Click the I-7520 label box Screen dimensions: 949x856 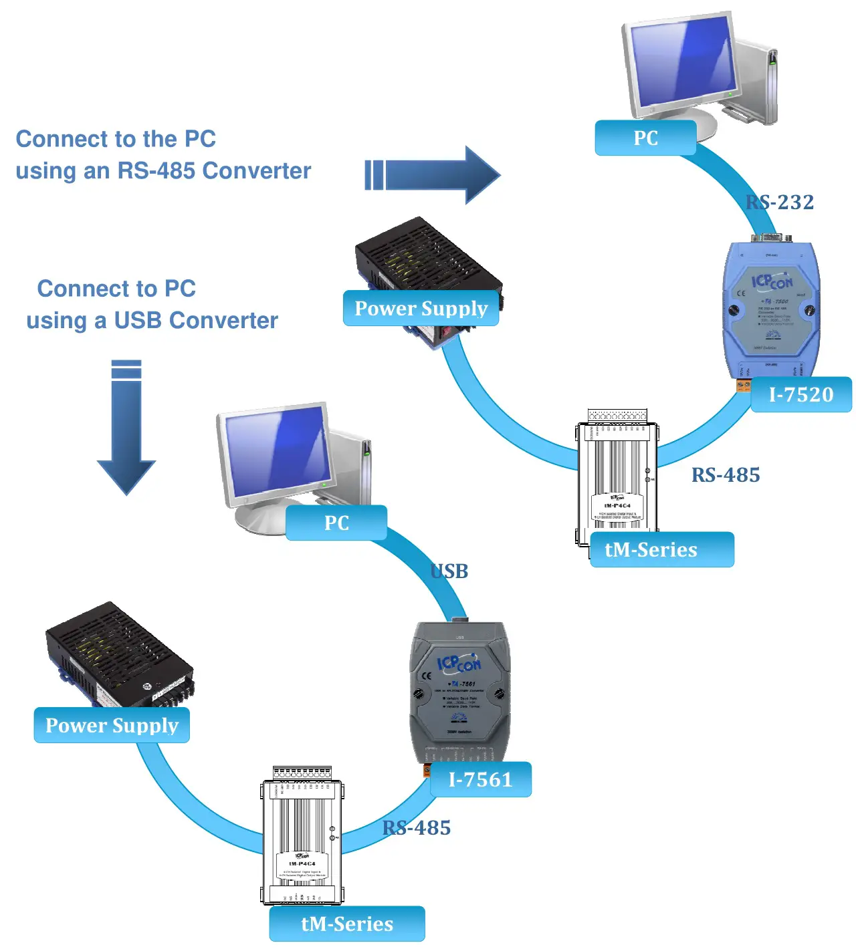coord(800,394)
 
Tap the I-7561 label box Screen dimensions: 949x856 coord(480,779)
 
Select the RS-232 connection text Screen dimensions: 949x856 coord(780,202)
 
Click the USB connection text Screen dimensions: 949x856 coord(449,571)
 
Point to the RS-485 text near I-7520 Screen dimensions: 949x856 coord(726,475)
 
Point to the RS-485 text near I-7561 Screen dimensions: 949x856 coord(417,828)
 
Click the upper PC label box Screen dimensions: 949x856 coord(645,138)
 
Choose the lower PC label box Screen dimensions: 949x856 coord(336,523)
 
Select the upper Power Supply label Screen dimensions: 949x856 coord(421,308)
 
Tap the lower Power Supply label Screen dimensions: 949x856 coord(112,725)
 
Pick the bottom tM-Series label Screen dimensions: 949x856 coord(347,924)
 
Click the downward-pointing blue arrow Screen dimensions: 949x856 coord(126,428)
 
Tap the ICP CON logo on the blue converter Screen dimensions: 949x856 coord(772,281)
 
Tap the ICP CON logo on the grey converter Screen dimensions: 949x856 coord(459,664)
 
